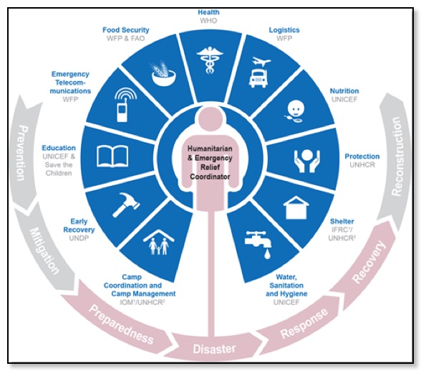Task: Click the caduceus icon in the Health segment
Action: point(210,60)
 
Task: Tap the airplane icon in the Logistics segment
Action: point(261,62)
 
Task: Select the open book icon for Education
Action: point(112,156)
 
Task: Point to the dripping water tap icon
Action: point(258,244)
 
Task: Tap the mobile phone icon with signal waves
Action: point(124,105)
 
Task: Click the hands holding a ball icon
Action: point(307,161)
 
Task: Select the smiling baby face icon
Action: point(295,111)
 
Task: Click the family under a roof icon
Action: point(159,242)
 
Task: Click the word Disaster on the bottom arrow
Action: point(214,349)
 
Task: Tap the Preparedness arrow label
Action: point(122,324)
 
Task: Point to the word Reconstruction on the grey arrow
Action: point(397,156)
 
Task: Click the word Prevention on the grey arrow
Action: point(23,153)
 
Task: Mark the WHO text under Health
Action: point(208,20)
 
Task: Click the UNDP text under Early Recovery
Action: point(79,238)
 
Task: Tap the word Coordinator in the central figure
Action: point(210,177)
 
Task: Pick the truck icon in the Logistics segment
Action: point(258,78)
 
